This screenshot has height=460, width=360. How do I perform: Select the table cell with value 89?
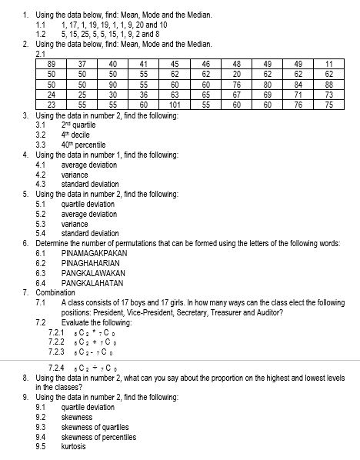coord(51,63)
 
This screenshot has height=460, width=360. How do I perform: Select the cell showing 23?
coord(51,105)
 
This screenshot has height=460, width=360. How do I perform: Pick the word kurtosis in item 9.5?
coord(74,446)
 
